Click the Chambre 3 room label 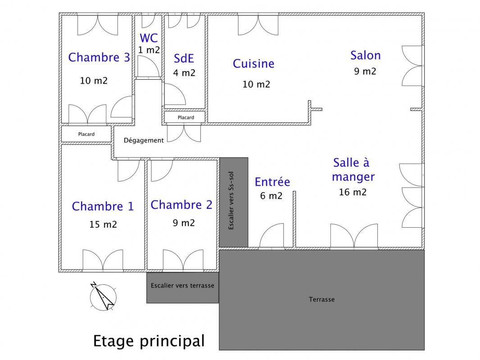pos(99,58)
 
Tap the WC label pos(149,38)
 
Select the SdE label pos(184,58)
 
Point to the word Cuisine pos(254,64)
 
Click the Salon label pos(365,55)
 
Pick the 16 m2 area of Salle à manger pos(353,192)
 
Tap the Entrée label pos(272,182)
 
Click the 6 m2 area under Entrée pos(271,196)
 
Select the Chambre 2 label pos(181,205)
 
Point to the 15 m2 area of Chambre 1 pos(103,224)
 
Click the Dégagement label pos(144,140)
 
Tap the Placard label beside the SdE pos(186,117)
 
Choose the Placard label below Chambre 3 pos(86,134)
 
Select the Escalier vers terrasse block pos(182,286)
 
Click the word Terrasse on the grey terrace pos(322,299)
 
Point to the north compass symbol pos(103,297)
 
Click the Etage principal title pos(149,341)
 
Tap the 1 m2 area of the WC pos(149,50)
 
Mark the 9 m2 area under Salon pos(365,71)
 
